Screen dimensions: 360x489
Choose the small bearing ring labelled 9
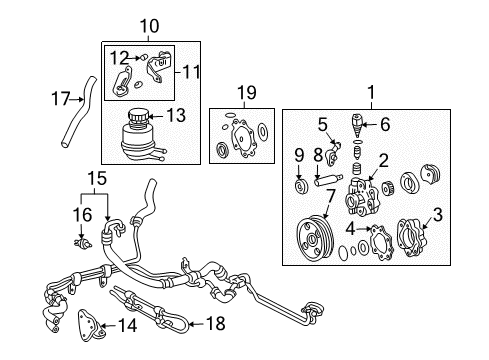[x=301, y=188]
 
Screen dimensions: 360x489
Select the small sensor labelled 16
[x=77, y=240]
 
